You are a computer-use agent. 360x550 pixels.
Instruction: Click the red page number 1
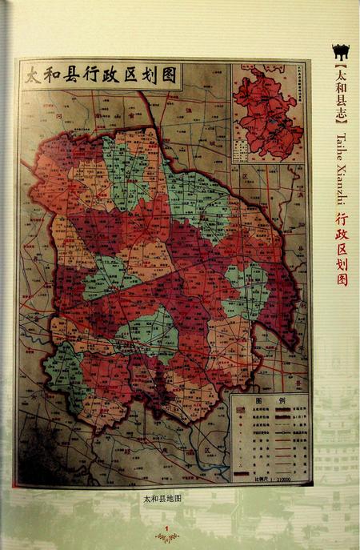(165, 526)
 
